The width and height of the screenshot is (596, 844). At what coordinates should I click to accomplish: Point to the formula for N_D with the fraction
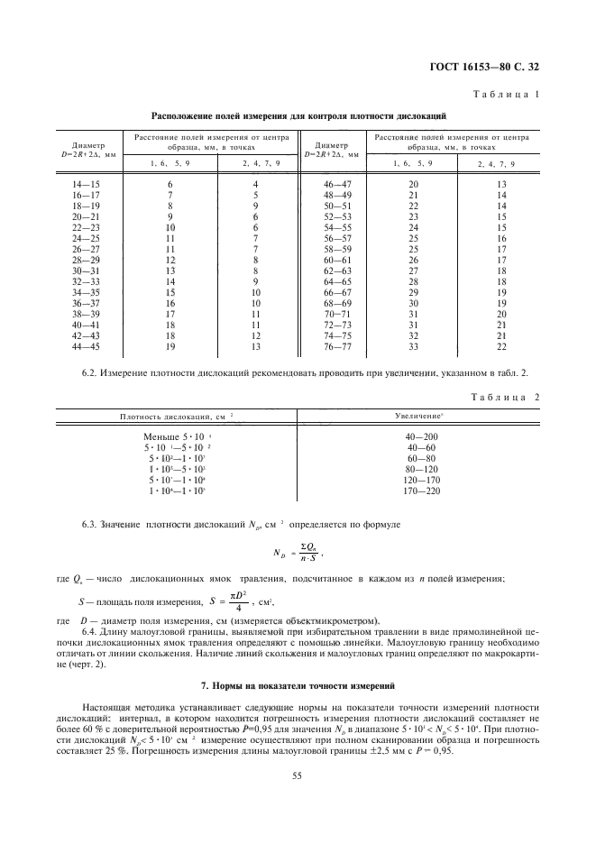(x=298, y=552)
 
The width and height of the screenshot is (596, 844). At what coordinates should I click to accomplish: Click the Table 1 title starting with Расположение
(x=298, y=116)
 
